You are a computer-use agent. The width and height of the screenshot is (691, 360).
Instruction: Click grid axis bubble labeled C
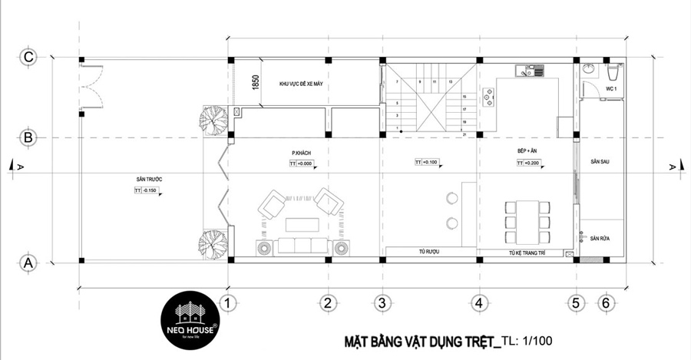pyautogui.click(x=28, y=58)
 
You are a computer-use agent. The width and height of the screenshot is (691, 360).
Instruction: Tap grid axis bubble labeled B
pyautogui.click(x=28, y=138)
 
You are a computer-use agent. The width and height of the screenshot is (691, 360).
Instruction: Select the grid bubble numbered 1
pyautogui.click(x=226, y=303)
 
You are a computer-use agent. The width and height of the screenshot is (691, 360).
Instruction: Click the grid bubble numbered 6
pyautogui.click(x=606, y=303)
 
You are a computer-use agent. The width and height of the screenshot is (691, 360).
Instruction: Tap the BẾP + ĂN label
pyautogui.click(x=527, y=153)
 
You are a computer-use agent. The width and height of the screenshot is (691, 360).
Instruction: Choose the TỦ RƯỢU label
pyautogui.click(x=428, y=252)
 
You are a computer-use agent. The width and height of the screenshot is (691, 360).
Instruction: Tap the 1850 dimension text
pyautogui.click(x=253, y=83)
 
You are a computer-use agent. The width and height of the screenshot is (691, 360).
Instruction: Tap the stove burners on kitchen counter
pyautogui.click(x=487, y=97)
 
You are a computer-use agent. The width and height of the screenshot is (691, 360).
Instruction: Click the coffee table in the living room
pyautogui.click(x=302, y=224)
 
